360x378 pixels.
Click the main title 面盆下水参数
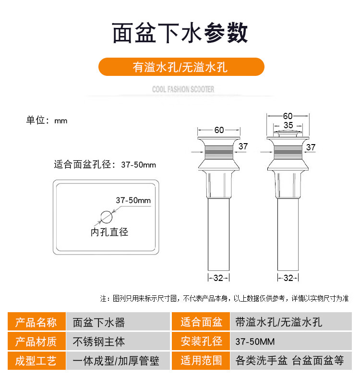pos(180,34)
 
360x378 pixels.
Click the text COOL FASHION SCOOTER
pos(183,89)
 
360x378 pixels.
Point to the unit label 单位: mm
pos(47,121)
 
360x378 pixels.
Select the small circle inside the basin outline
pos(106,216)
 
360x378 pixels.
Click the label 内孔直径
pos(109,232)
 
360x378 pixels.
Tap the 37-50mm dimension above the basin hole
pos(133,200)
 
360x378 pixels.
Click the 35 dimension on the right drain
pos(288,125)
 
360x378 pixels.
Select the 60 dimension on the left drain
pos(219,130)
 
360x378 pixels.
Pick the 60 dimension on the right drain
pos(288,116)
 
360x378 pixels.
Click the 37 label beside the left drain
pos(243,146)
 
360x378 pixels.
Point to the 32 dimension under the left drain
pos(218,278)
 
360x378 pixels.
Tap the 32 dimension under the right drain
pos(288,278)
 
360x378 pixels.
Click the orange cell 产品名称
pos(36,322)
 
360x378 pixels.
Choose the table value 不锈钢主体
pos(98,341)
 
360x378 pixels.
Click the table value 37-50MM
pos(255,341)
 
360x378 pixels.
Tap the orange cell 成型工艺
pos(36,361)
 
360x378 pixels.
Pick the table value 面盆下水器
pos(98,322)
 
